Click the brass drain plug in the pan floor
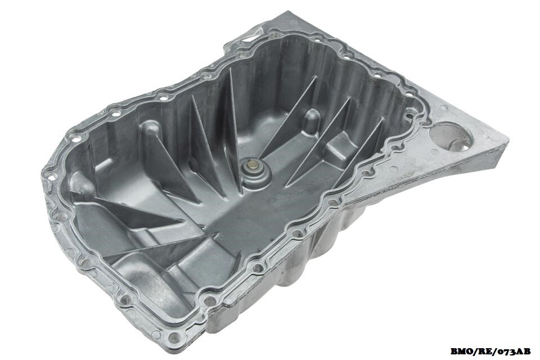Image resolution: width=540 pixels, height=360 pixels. coord(253,165)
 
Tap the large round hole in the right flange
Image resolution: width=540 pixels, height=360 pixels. coord(451,137)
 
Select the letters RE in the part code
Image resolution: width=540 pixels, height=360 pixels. coord(484,351)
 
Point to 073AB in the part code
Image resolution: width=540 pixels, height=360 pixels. coord(512,351)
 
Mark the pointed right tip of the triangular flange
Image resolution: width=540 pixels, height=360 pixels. coord(507,142)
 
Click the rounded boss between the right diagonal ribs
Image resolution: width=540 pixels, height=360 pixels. coord(311,120)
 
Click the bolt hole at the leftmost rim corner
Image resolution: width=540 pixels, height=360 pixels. coord(49,177)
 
